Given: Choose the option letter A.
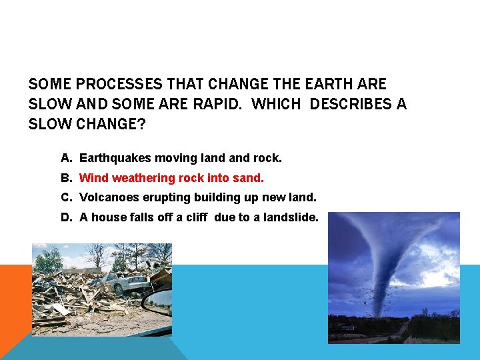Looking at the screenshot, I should click(x=65, y=159).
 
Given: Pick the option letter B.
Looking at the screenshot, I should click(x=65, y=178).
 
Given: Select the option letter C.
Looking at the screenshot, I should click(x=65, y=197).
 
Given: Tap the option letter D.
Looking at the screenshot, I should click(x=65, y=217).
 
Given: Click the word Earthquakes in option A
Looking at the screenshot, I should click(x=115, y=159).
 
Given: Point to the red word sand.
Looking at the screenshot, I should click(x=251, y=178).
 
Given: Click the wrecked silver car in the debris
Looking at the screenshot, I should click(x=127, y=283).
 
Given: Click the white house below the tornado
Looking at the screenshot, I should click(x=347, y=327).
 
